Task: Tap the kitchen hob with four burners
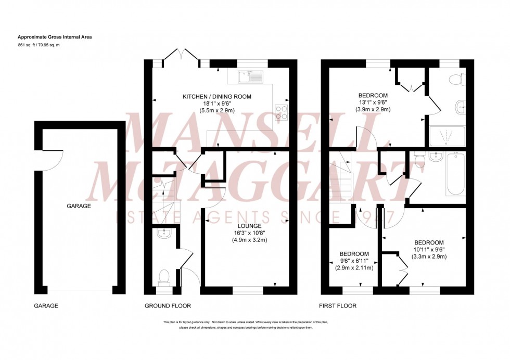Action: tap(281, 113)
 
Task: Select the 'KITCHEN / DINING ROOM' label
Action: tap(216, 97)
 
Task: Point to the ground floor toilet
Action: tap(164, 276)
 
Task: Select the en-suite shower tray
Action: tap(447, 136)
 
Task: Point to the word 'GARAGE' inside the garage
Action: tap(79, 206)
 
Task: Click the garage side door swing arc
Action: tap(52, 159)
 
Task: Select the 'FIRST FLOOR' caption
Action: tap(338, 306)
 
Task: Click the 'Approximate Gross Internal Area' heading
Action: tap(55, 37)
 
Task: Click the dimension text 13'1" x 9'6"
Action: tap(373, 102)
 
